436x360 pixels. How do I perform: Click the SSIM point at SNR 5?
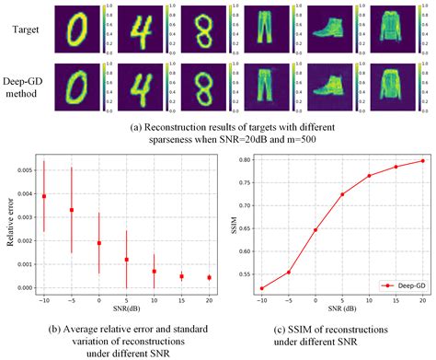[317, 194]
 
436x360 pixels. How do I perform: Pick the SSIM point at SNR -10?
[263, 288]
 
